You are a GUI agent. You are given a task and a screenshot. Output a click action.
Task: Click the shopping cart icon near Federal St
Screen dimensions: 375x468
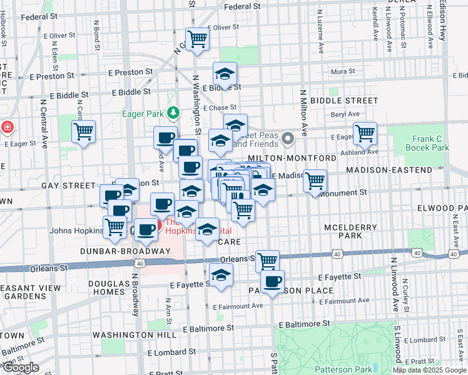(198, 39)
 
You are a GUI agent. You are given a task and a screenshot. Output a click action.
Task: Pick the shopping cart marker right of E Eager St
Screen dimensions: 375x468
(365, 133)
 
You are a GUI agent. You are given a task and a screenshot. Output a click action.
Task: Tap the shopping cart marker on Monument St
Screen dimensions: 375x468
(315, 181)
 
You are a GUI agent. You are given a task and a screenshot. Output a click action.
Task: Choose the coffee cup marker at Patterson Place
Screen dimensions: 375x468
(272, 282)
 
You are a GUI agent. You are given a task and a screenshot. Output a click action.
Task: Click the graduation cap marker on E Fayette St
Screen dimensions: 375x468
(221, 275)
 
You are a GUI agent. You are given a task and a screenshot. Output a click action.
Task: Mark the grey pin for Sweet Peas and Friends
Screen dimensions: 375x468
(288, 137)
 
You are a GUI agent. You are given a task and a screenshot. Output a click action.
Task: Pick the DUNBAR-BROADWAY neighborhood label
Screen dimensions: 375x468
(125, 251)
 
